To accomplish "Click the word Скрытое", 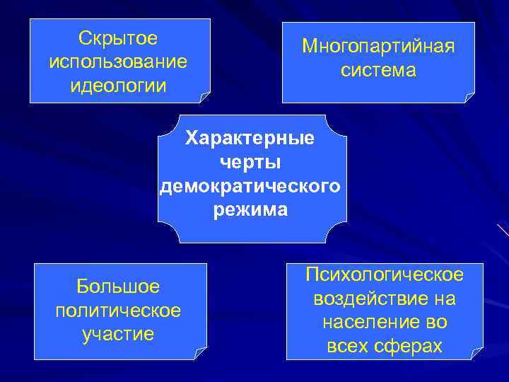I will pyautogui.click(x=119, y=37).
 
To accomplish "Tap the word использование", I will pyautogui.click(x=119, y=62).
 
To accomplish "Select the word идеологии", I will pyautogui.click(x=119, y=86).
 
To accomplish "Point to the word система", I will pyautogui.click(x=378, y=71).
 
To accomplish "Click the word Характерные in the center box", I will pyautogui.click(x=250, y=138).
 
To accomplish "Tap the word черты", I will pyautogui.click(x=250, y=162).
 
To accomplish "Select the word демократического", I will pyautogui.click(x=250, y=186).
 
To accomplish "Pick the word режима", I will pyautogui.click(x=250, y=210).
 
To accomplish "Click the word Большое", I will pyautogui.click(x=119, y=286).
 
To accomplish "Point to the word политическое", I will pyautogui.click(x=119, y=311).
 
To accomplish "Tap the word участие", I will pyautogui.click(x=119, y=334).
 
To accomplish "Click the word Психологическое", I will pyautogui.click(x=385, y=274).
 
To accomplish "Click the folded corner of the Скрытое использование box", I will pyautogui.click(x=204, y=96).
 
